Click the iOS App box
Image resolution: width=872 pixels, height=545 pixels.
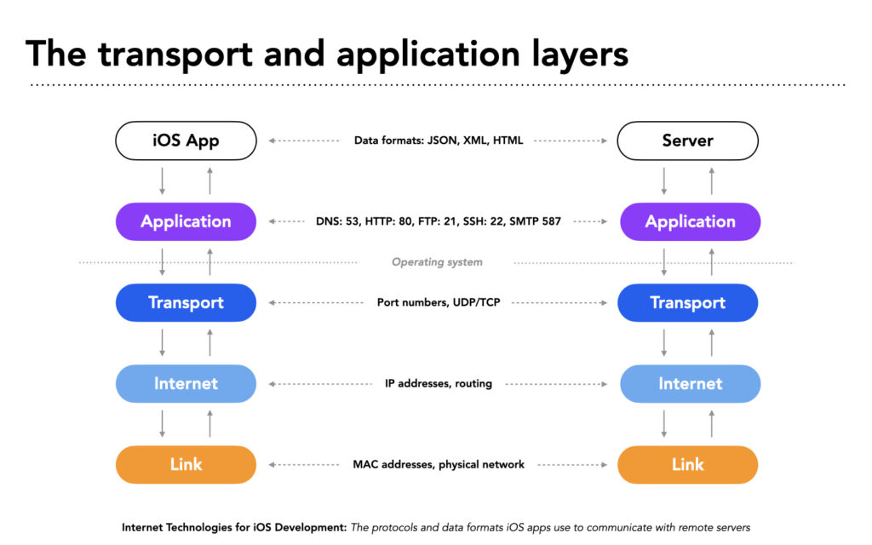click(186, 141)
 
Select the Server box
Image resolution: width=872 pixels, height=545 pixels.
click(687, 141)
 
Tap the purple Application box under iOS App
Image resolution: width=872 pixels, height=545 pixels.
click(186, 221)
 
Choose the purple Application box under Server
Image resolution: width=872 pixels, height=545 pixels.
click(690, 221)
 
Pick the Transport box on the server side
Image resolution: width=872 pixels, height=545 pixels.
click(687, 302)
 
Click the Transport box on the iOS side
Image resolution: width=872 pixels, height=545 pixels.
click(186, 302)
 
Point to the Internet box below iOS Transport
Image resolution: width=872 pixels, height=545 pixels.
click(186, 384)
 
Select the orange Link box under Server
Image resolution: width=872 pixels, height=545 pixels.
click(687, 464)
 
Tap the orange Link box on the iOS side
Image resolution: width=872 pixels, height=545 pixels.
click(186, 464)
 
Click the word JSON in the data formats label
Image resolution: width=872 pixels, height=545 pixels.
click(442, 141)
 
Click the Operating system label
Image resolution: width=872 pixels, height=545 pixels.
click(437, 262)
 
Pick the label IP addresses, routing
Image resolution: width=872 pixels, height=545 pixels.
click(439, 384)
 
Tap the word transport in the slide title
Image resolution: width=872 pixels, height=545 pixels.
click(175, 55)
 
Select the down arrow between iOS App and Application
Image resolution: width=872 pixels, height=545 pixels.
click(163, 181)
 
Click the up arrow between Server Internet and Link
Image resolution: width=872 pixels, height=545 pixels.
click(712, 424)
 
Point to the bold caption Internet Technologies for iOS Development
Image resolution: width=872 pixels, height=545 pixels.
click(234, 527)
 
